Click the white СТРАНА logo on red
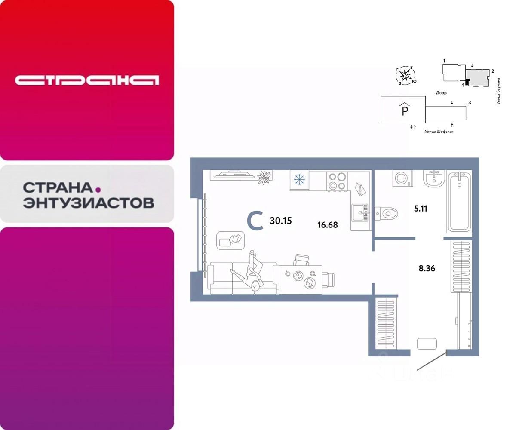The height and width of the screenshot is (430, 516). tap(87, 80)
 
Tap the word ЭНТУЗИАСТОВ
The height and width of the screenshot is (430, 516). tap(88, 203)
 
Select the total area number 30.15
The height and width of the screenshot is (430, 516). tap(280, 221)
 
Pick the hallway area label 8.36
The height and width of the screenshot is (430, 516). tap(427, 269)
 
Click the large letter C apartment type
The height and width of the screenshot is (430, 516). tap(255, 221)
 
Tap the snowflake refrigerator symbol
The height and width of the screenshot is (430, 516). tap(299, 180)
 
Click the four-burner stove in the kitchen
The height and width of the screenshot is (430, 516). tap(337, 181)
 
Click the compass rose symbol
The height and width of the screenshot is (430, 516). tap(405, 76)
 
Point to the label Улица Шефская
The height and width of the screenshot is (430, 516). tap(439, 132)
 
